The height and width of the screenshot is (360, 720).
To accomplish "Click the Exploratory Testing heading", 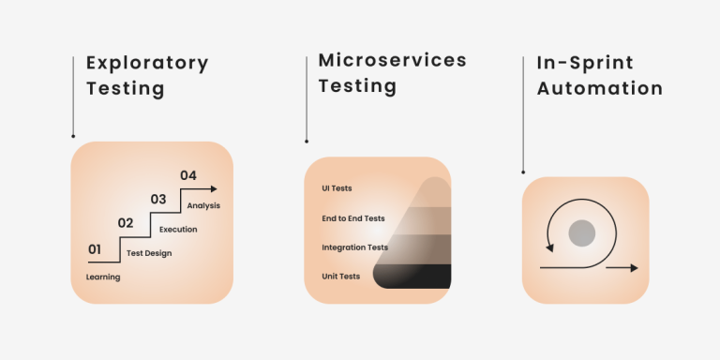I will [x=146, y=76].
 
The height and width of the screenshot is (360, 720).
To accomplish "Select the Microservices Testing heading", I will [x=392, y=73].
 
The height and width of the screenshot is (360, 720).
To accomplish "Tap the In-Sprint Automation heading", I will [x=599, y=76].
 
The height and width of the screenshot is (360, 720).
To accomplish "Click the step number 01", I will [x=95, y=249].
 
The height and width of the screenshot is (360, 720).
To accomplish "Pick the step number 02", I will [x=125, y=223].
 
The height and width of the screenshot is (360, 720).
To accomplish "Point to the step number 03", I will [x=157, y=199].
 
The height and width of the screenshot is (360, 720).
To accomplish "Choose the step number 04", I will [x=188, y=175].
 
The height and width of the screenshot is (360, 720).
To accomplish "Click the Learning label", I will [x=103, y=277].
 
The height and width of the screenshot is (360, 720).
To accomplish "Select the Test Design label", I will [x=149, y=253].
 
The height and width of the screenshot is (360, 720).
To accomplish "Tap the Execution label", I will [x=178, y=230].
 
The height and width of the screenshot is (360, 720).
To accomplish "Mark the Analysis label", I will [x=203, y=205].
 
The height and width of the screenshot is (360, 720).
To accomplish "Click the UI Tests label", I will [x=337, y=188].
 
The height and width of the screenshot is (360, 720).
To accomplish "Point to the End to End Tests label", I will [x=353, y=218].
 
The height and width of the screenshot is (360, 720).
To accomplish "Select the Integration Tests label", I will [x=354, y=247].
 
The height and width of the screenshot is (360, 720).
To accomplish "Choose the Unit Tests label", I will [x=340, y=277].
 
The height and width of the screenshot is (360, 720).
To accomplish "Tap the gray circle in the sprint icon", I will [x=582, y=232].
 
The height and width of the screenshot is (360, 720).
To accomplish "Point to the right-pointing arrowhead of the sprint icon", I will [x=634, y=268].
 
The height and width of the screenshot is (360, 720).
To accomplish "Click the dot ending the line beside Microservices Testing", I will [x=307, y=142].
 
